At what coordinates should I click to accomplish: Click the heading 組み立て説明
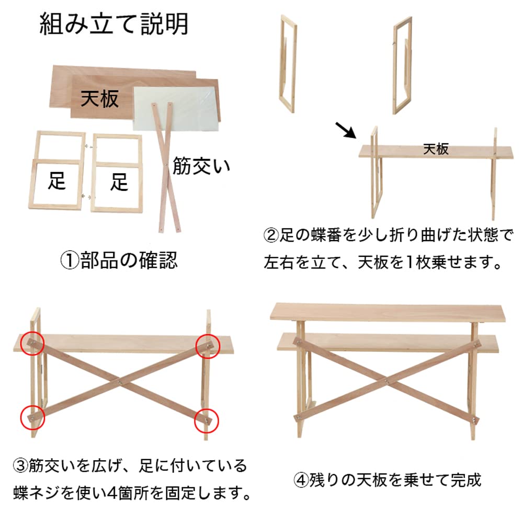(114, 25)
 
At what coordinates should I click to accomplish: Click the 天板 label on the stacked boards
(100, 98)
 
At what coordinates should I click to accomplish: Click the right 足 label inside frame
(119, 183)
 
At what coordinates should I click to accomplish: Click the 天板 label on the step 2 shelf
(436, 149)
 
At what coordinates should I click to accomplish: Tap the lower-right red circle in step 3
(207, 420)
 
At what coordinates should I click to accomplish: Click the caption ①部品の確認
(119, 260)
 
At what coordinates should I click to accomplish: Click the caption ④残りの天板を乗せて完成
(387, 480)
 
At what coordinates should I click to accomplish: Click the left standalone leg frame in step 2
(288, 63)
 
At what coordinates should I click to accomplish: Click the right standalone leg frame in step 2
(402, 65)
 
